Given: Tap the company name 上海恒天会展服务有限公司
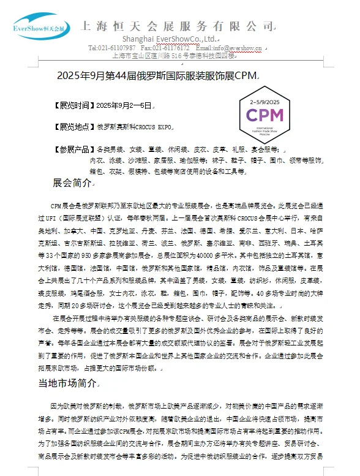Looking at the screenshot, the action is click(178, 26).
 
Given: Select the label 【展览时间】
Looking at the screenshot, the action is click(75, 106).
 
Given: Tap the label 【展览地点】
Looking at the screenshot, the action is click(75, 127).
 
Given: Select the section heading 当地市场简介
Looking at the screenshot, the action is click(67, 383).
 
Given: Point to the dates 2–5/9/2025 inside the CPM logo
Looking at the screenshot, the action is click(264, 100).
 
